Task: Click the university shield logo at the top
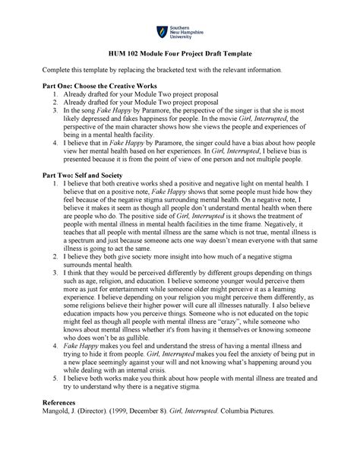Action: pos(161,32)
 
